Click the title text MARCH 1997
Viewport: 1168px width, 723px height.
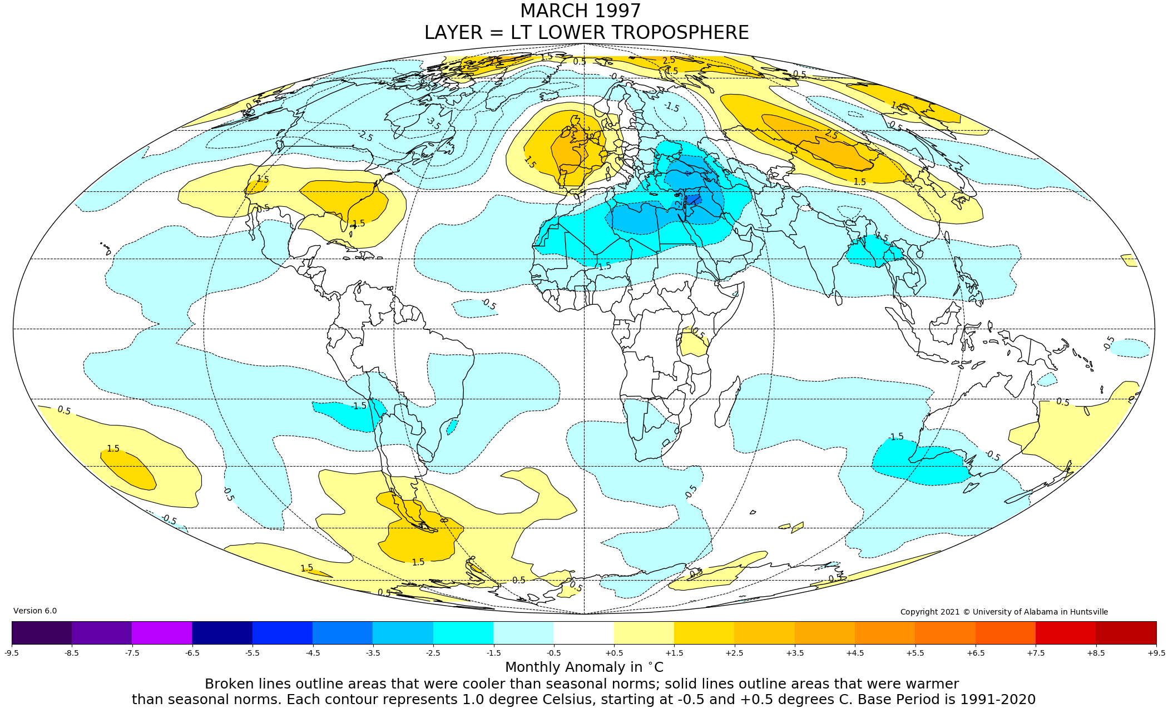coord(580,11)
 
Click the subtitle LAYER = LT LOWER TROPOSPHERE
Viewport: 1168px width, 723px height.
coord(586,33)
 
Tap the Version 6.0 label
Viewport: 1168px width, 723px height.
coord(35,611)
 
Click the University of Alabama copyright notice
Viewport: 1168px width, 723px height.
coord(1004,612)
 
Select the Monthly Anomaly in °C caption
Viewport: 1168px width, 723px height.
coord(584,667)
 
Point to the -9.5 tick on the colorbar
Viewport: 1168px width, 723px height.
coord(12,653)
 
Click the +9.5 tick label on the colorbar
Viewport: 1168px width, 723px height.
coord(1156,653)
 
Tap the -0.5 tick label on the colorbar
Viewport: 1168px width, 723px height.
coord(553,653)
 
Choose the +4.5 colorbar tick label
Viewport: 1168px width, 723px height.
coord(855,653)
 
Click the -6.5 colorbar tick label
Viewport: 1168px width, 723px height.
coord(192,653)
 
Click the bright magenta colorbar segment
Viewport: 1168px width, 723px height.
coord(162,632)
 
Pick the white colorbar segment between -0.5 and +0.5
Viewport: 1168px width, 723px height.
coord(583,632)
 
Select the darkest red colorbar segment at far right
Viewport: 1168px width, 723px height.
coord(1126,632)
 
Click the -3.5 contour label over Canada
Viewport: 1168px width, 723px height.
coord(433,123)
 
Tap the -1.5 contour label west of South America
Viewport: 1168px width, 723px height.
coord(359,406)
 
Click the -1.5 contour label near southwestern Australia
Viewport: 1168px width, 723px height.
coord(895,437)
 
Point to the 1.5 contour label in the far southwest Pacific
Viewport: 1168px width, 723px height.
coord(113,449)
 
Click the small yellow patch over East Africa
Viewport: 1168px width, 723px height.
coord(692,345)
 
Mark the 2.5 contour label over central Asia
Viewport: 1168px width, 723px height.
coord(831,135)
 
